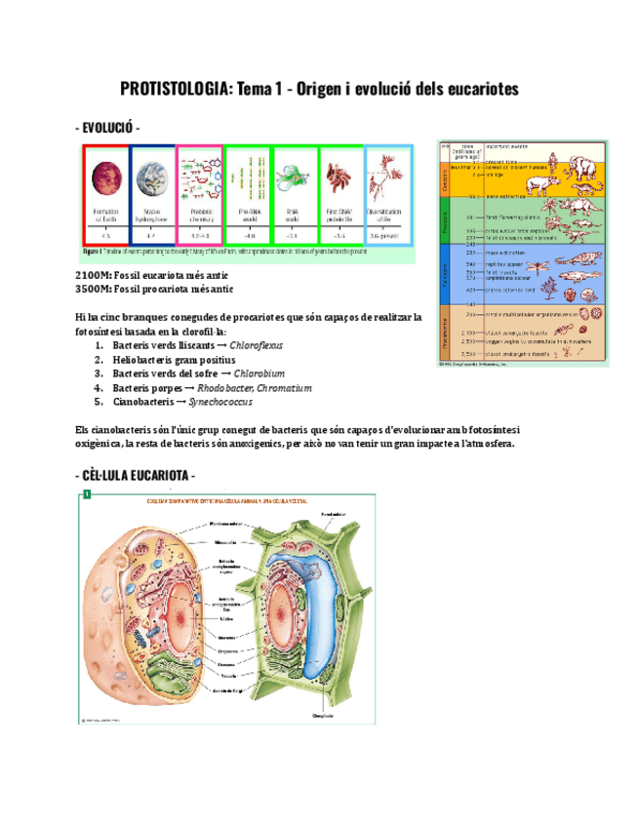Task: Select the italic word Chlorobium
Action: point(260,374)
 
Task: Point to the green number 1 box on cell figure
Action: point(86,495)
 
